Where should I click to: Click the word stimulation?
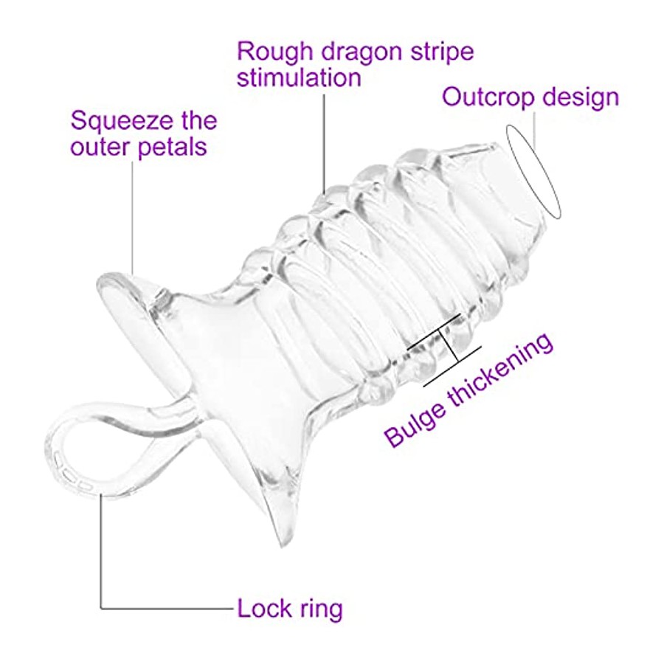pyautogui.click(x=299, y=78)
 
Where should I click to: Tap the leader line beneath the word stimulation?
pyautogui.click(x=325, y=144)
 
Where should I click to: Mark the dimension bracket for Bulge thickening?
pyautogui.click(x=444, y=350)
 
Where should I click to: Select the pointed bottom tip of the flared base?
pyautogui.click(x=281, y=546)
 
